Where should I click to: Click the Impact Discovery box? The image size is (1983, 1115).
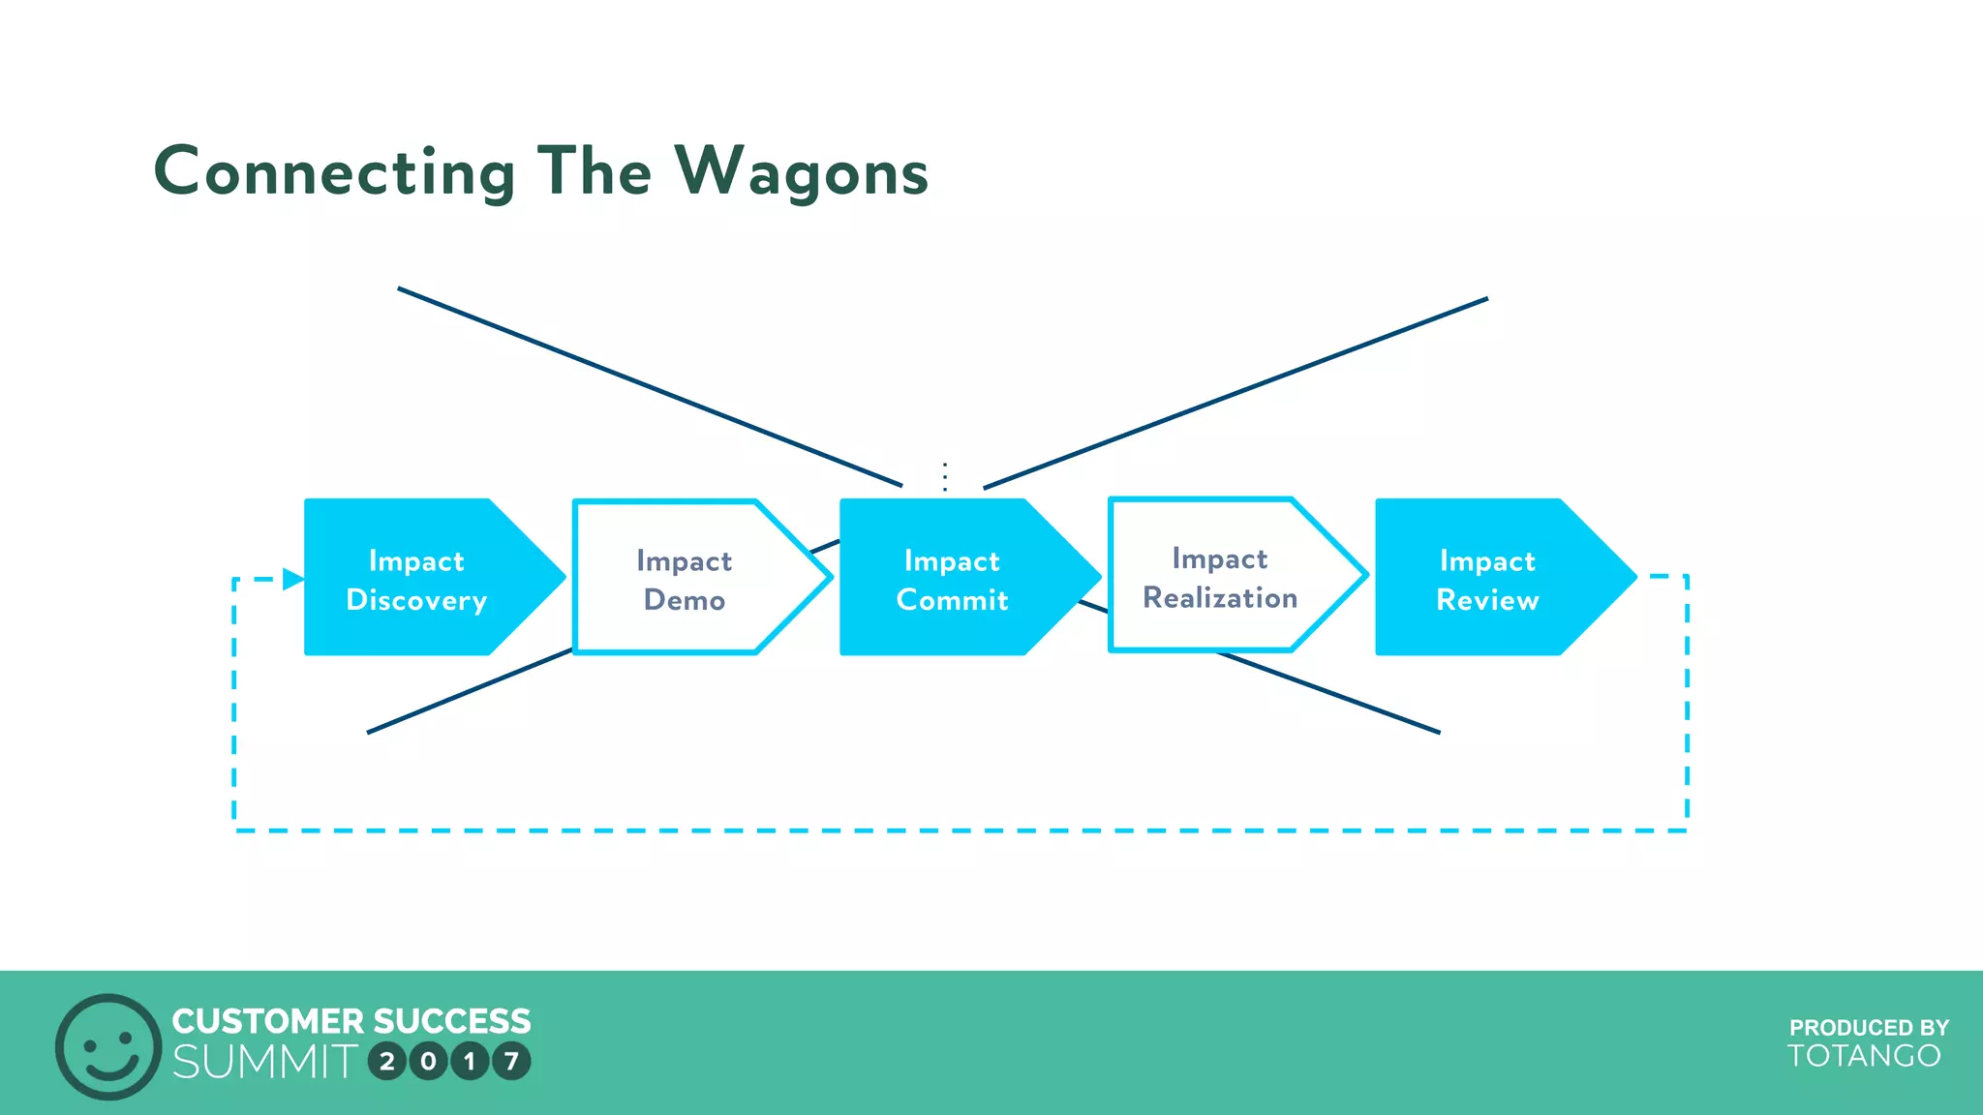click(416, 578)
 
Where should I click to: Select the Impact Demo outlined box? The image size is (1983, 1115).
click(684, 578)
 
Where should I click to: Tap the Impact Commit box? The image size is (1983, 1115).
click(952, 578)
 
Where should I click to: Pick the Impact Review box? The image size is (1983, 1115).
click(1487, 578)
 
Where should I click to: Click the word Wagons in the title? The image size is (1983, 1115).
click(801, 172)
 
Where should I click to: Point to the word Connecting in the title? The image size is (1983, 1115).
click(334, 172)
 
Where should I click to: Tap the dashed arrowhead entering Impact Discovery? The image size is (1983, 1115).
click(292, 580)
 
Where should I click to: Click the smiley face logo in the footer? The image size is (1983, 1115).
click(107, 1046)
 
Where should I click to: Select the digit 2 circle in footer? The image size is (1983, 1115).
click(387, 1062)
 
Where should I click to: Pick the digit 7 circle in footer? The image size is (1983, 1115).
click(511, 1062)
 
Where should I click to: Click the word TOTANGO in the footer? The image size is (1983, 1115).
click(1864, 1056)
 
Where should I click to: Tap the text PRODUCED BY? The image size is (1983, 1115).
click(1869, 1027)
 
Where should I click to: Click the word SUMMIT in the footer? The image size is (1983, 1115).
click(264, 1062)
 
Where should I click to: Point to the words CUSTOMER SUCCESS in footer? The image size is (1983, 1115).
click(351, 1021)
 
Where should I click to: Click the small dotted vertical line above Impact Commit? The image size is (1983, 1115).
click(945, 476)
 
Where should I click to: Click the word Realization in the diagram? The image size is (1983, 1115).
click(1220, 598)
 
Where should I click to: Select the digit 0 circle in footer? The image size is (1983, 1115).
click(428, 1062)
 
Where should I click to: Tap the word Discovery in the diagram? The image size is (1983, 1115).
click(416, 600)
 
